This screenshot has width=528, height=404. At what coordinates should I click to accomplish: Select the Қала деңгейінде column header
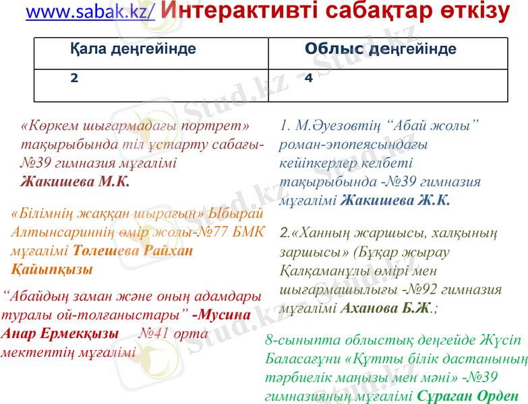tap(133, 48)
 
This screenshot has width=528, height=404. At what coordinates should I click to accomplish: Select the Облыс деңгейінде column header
tap(380, 48)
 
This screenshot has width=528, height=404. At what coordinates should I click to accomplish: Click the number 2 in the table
tap(74, 78)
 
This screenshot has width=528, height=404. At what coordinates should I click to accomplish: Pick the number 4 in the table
tap(308, 78)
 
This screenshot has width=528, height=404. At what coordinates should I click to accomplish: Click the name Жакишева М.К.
tap(75, 181)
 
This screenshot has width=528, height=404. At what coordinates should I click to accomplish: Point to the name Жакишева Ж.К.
tap(395, 200)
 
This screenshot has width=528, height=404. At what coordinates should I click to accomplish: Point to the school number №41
tap(153, 333)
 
